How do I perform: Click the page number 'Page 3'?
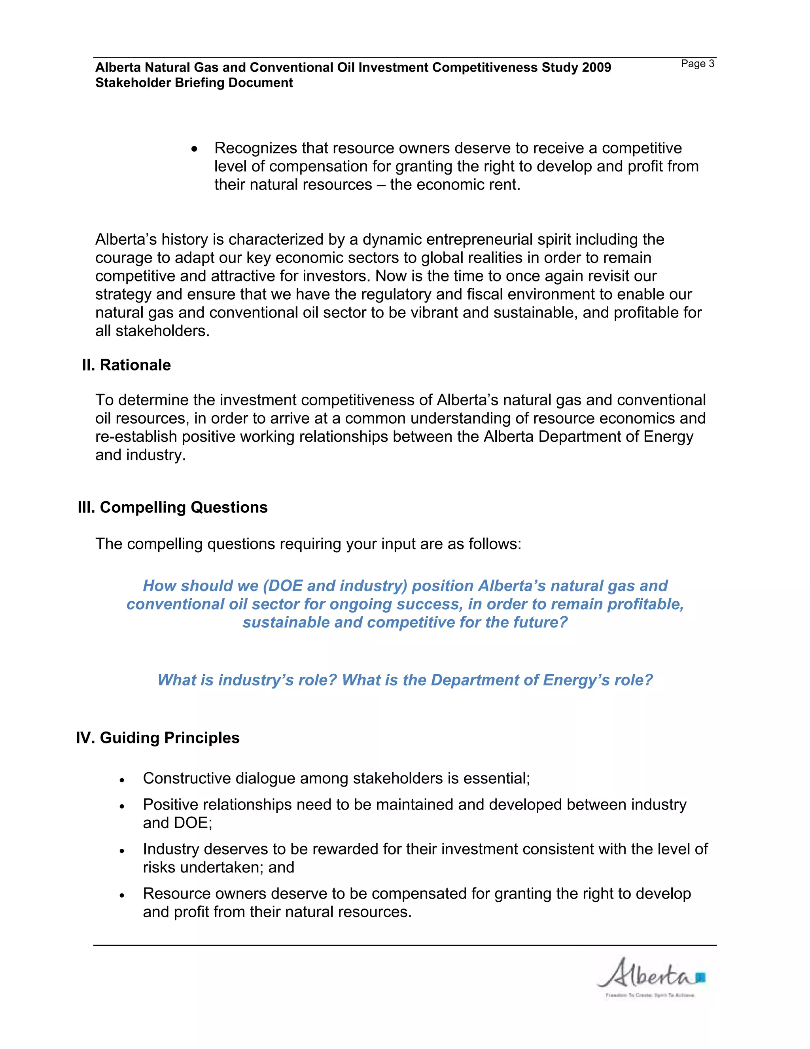[x=697, y=64]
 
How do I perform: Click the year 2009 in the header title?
[x=596, y=67]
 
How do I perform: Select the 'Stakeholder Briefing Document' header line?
[x=194, y=83]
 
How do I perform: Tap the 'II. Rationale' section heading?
[x=126, y=365]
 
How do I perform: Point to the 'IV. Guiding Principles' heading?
[x=158, y=738]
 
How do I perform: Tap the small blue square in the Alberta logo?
[x=700, y=977]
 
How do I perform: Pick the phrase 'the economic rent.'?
[x=455, y=184]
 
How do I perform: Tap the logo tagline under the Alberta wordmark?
[x=650, y=995]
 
